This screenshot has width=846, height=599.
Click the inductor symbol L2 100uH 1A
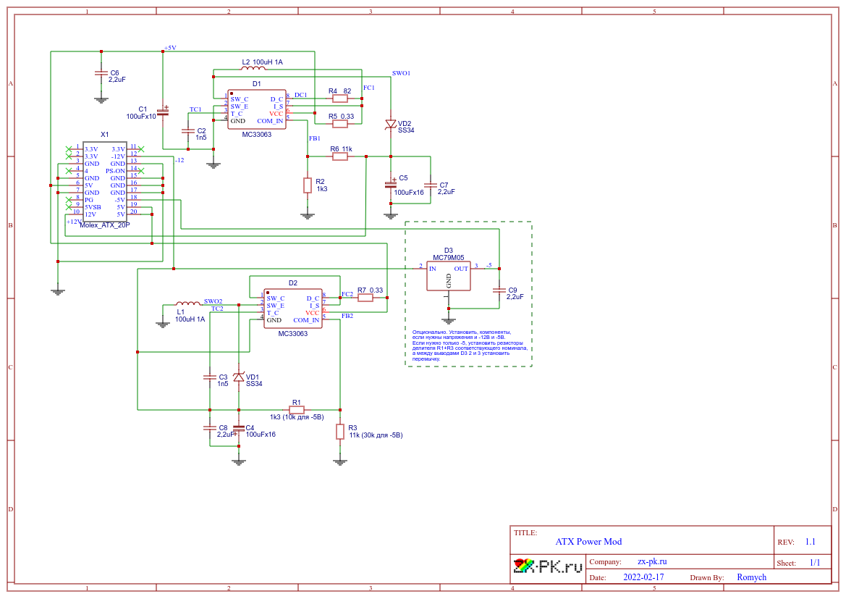254,70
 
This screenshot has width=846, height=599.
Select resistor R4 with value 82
339,99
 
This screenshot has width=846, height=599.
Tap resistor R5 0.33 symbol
339,124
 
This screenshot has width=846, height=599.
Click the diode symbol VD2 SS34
391,124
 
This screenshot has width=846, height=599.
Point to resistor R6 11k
339,156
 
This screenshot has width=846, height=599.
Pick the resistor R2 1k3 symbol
308,185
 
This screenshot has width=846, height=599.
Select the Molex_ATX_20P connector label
105,225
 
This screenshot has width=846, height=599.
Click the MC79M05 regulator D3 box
448,276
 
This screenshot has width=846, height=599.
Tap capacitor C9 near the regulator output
499,290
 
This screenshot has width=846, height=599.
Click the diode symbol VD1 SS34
238,377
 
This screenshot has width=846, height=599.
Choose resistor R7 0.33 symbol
365,297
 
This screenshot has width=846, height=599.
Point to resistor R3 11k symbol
339,432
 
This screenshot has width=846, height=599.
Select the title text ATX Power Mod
588,542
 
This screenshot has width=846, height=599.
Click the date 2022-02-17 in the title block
643,577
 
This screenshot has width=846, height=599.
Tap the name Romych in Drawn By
751,577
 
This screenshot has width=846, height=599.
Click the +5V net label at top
170,48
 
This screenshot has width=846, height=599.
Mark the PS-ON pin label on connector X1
116,171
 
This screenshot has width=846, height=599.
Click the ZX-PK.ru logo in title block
548,566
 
